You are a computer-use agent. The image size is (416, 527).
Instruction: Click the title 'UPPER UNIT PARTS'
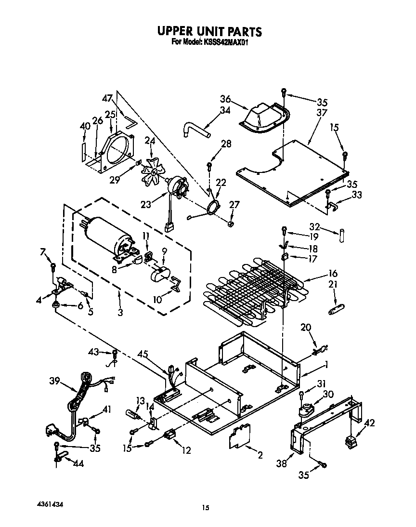click(209, 32)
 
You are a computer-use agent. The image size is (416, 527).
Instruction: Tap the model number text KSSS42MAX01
click(227, 42)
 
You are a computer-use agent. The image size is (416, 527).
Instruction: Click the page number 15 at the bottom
click(206, 507)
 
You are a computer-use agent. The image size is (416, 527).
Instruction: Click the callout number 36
click(224, 100)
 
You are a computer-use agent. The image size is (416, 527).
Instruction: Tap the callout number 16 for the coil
click(333, 273)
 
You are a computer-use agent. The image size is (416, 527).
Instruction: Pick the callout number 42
click(370, 423)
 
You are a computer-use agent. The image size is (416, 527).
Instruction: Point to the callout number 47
click(107, 99)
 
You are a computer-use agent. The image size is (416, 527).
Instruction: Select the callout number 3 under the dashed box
click(120, 313)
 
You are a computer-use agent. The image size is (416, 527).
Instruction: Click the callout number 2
click(260, 455)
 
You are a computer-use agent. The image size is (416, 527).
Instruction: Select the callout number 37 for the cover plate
click(322, 113)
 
